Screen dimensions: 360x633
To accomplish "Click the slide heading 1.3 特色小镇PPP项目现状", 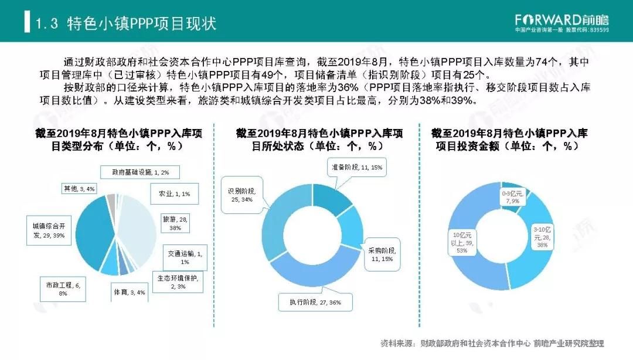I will click(126, 23).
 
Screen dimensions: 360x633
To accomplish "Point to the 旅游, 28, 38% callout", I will click(172, 223).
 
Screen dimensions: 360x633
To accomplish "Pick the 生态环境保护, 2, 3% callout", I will click(177, 282).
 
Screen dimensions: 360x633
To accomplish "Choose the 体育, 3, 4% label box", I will click(129, 291).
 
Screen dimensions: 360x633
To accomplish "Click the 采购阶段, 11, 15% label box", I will click(380, 254).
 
